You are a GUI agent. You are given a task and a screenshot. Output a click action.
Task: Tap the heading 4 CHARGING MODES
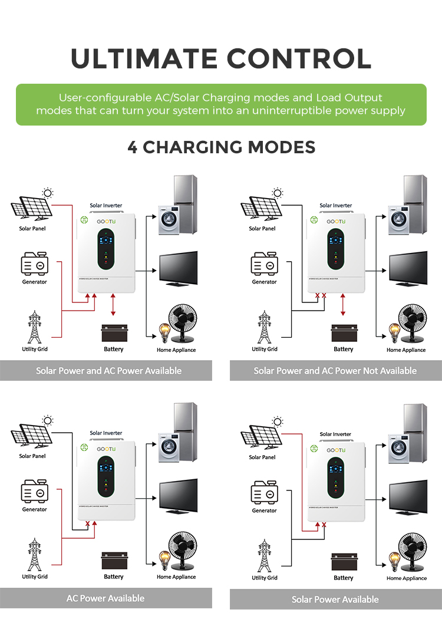click(221, 147)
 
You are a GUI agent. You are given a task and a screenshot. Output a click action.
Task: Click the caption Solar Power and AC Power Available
click(108, 371)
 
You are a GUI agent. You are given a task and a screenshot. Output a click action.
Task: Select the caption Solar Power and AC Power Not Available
click(335, 371)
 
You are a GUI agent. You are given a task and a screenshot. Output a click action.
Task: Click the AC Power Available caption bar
click(105, 598)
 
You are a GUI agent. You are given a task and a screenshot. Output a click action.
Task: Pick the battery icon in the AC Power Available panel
click(114, 561)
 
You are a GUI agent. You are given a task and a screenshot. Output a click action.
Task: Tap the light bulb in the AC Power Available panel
click(163, 558)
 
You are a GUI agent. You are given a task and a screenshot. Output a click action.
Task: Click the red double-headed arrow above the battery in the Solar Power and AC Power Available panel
click(113, 307)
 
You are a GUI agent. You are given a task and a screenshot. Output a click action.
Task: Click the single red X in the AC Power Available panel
click(88, 523)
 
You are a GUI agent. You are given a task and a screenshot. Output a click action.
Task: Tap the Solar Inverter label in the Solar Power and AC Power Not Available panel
click(335, 206)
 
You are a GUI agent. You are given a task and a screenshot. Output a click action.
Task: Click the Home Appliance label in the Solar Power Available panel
click(407, 578)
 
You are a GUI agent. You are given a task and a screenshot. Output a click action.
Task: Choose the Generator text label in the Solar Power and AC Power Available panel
click(34, 282)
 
